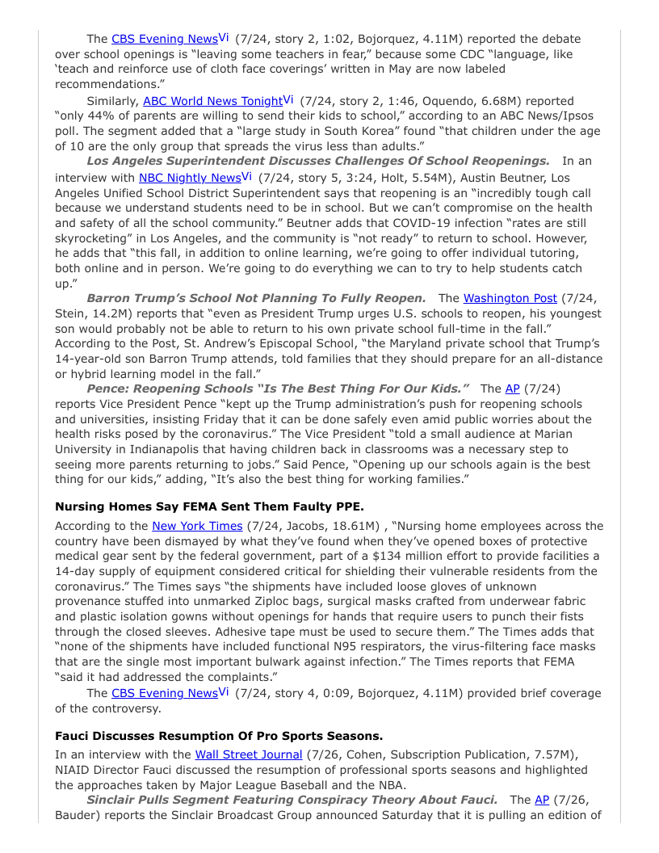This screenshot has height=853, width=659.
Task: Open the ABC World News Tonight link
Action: pos(212,102)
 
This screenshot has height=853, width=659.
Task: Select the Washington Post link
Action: pos(510,298)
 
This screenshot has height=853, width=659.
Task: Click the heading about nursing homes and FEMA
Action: pos(209,506)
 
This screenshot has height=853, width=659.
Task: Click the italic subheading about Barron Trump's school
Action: pos(256,298)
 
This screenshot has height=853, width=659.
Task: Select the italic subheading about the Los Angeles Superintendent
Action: pos(317,161)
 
